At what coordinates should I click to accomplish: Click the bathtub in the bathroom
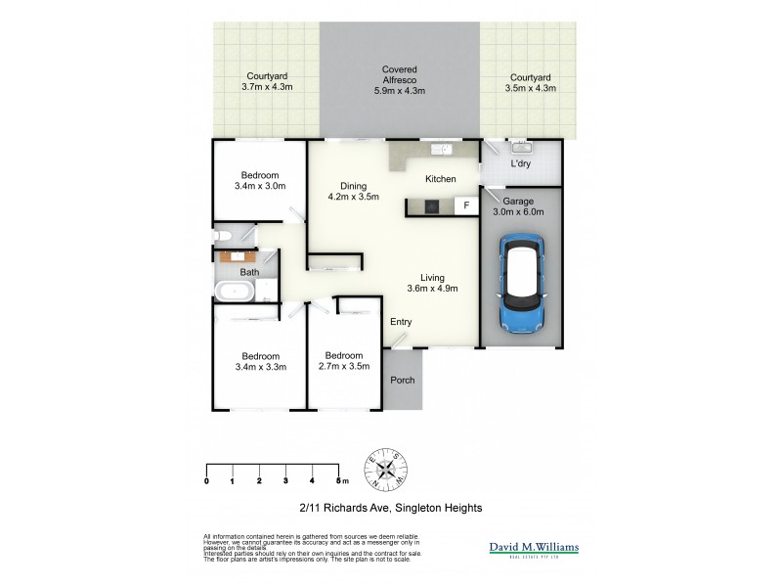click(x=236, y=292)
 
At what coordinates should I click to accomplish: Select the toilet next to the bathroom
click(x=224, y=236)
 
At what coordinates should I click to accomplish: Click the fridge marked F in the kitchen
click(x=466, y=205)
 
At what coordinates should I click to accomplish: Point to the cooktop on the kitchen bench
click(x=431, y=205)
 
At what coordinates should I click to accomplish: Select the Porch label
click(x=402, y=381)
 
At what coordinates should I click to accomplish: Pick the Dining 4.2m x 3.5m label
click(x=353, y=191)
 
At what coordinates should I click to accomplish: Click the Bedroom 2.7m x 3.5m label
click(x=344, y=361)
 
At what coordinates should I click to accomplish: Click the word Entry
click(x=401, y=322)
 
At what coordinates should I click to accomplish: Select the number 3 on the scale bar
click(x=284, y=481)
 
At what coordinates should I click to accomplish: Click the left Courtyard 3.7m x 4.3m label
click(x=267, y=82)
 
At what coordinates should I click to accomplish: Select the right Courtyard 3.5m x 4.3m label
click(x=531, y=82)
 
